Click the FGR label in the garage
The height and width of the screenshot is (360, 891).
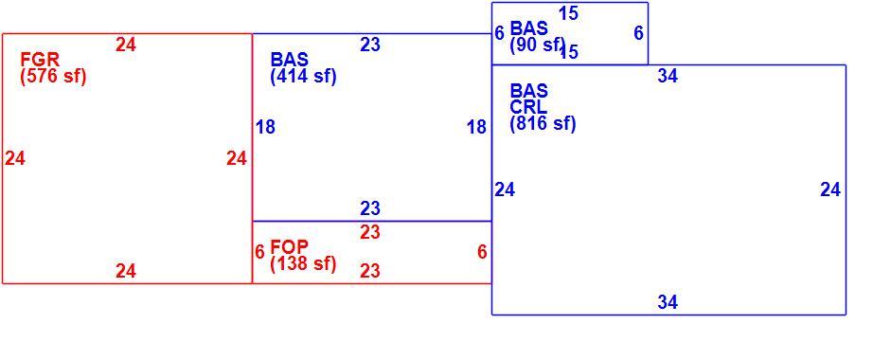(40, 59)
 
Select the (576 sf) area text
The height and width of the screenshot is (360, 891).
(53, 76)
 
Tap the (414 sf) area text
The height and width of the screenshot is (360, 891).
(304, 76)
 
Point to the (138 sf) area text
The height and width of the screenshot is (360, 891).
(304, 263)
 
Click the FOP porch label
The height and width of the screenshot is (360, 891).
(289, 247)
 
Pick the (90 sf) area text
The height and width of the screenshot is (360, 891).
(537, 45)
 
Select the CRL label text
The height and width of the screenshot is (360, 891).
(528, 107)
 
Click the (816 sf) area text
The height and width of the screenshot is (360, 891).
(544, 123)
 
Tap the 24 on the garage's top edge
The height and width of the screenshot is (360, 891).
(126, 45)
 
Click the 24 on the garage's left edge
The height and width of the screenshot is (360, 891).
(15, 158)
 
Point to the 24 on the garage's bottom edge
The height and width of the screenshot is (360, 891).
(126, 271)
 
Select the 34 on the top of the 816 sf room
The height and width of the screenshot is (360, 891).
(668, 76)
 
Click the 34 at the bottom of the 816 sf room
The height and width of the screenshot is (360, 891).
(668, 302)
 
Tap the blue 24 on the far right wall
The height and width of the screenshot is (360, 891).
(830, 189)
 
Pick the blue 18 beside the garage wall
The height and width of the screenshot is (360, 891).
(265, 127)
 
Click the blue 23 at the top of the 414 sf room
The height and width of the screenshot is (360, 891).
(370, 45)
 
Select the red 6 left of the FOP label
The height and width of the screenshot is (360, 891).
(259, 251)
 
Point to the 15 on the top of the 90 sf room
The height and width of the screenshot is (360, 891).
(568, 13)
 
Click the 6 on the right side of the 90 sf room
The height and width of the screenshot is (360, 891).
(639, 33)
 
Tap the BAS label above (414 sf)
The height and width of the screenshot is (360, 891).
(289, 59)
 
